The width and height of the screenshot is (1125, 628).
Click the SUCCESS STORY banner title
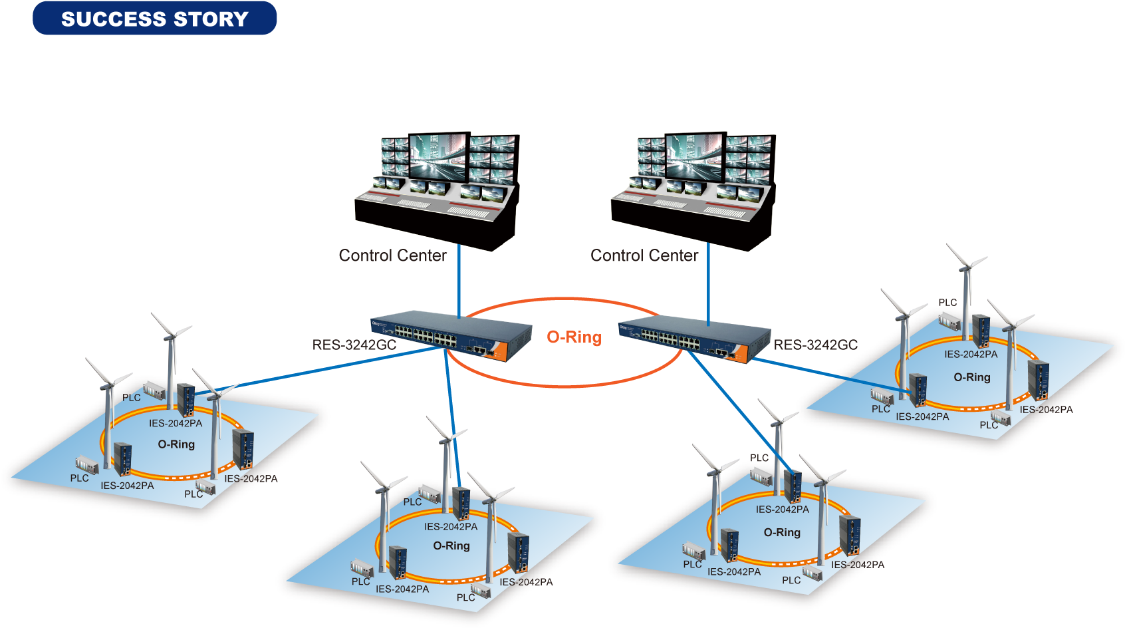(x=154, y=19)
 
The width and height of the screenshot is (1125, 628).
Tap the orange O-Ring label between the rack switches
(x=574, y=337)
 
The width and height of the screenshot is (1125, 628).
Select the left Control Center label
(x=392, y=255)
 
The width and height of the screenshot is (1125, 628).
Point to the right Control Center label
(x=644, y=255)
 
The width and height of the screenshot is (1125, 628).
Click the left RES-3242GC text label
(x=354, y=345)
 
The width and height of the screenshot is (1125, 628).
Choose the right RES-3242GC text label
(x=815, y=345)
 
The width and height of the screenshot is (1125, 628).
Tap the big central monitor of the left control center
(x=437, y=156)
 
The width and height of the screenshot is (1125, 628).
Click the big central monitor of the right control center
(x=694, y=156)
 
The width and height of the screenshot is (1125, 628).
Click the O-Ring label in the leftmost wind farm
(x=176, y=444)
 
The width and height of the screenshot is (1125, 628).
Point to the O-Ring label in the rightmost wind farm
(x=972, y=377)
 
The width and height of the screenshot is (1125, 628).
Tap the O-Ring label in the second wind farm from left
(x=451, y=546)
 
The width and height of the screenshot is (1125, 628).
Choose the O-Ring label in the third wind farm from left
(x=782, y=532)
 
